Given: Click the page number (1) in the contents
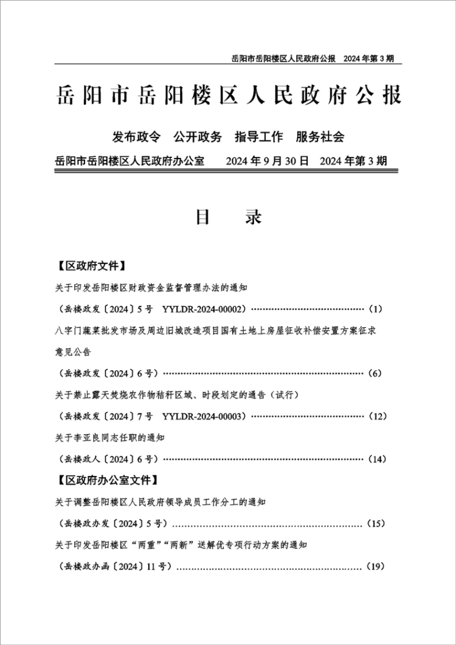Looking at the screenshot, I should pos(375,309).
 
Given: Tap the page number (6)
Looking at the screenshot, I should pos(375,373).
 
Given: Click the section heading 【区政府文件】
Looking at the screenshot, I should pos(91,266).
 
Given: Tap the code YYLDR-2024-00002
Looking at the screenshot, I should pos(204,309).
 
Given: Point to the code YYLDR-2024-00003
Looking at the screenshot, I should pos(204,416).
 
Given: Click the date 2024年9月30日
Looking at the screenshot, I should pos(268,162).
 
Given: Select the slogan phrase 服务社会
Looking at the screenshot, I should pos(320,137).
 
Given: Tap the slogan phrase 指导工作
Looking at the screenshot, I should pos(259,137).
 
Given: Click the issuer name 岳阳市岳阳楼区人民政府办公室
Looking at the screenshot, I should pos(129,162).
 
